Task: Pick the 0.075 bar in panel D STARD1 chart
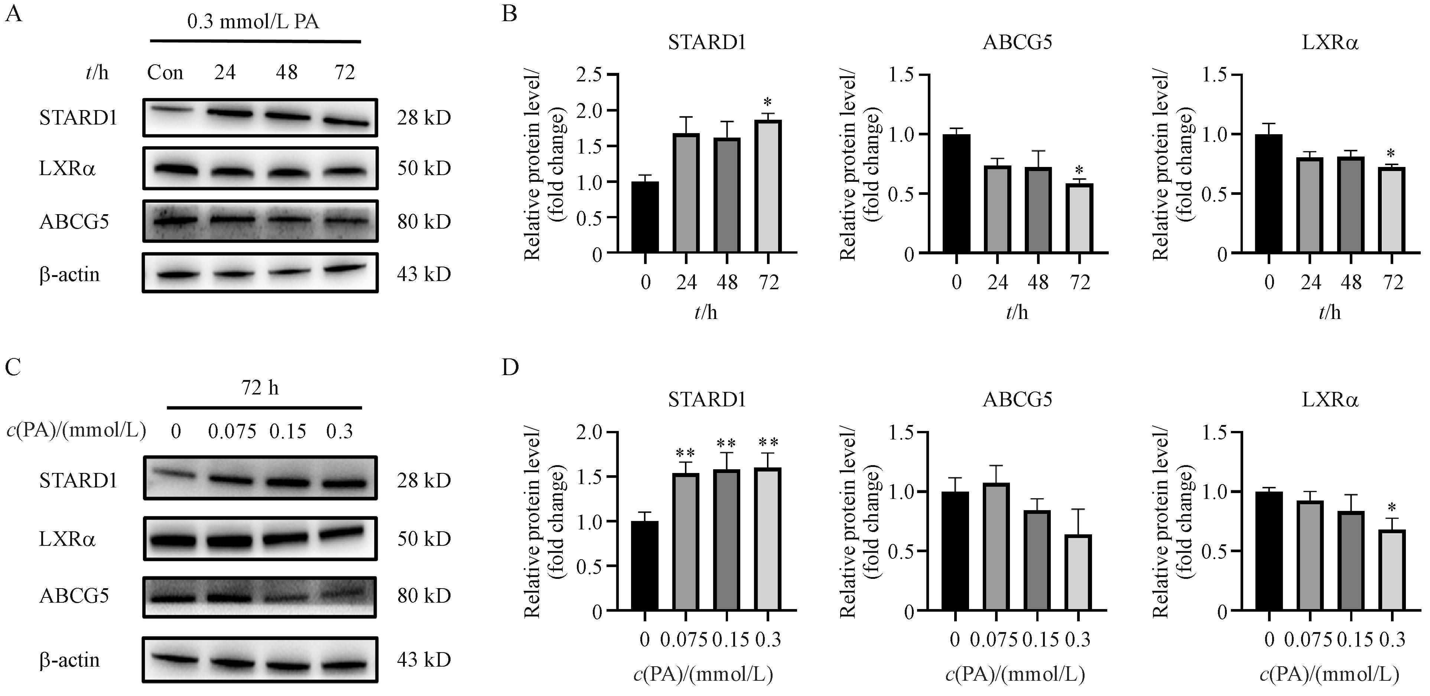[686, 542]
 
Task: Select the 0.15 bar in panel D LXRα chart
[1351, 561]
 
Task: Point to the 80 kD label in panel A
[423, 222]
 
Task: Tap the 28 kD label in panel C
[423, 480]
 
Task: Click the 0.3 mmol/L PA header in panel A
[253, 22]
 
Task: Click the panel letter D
[510, 367]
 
